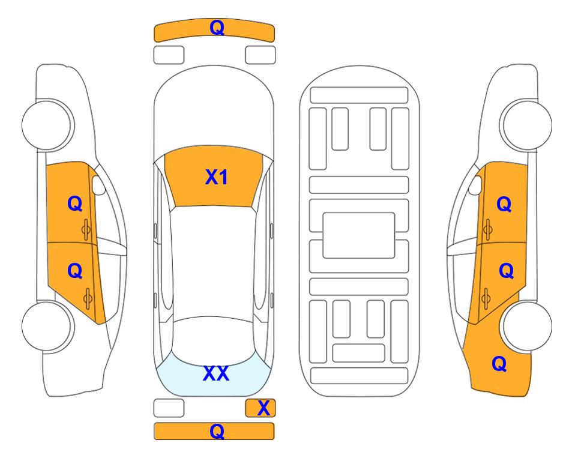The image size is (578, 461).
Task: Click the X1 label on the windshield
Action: click(x=217, y=177)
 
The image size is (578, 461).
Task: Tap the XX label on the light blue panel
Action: click(x=216, y=373)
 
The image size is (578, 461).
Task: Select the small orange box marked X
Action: click(x=260, y=408)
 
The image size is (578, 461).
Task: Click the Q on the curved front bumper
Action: click(x=217, y=28)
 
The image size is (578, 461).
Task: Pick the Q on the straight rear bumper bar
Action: click(x=217, y=431)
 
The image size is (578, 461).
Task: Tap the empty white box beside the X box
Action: click(x=169, y=408)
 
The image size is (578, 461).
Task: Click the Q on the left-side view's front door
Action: click(x=75, y=203)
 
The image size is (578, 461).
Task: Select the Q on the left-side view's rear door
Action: click(x=75, y=271)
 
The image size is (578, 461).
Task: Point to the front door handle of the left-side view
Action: click(x=86, y=229)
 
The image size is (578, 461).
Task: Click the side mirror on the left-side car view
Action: click(x=98, y=185)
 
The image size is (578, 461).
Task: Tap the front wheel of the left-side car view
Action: click(x=47, y=125)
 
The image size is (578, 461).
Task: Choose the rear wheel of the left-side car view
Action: click(x=47, y=326)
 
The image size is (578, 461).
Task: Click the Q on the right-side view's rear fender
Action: click(x=499, y=364)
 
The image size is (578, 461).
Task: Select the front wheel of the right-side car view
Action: click(x=527, y=125)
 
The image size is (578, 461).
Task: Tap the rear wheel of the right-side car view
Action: click(x=527, y=326)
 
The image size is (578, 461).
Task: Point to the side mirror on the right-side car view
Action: click(x=475, y=185)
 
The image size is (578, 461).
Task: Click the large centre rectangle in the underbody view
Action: click(x=359, y=235)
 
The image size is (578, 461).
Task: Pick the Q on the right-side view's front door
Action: click(x=504, y=204)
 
